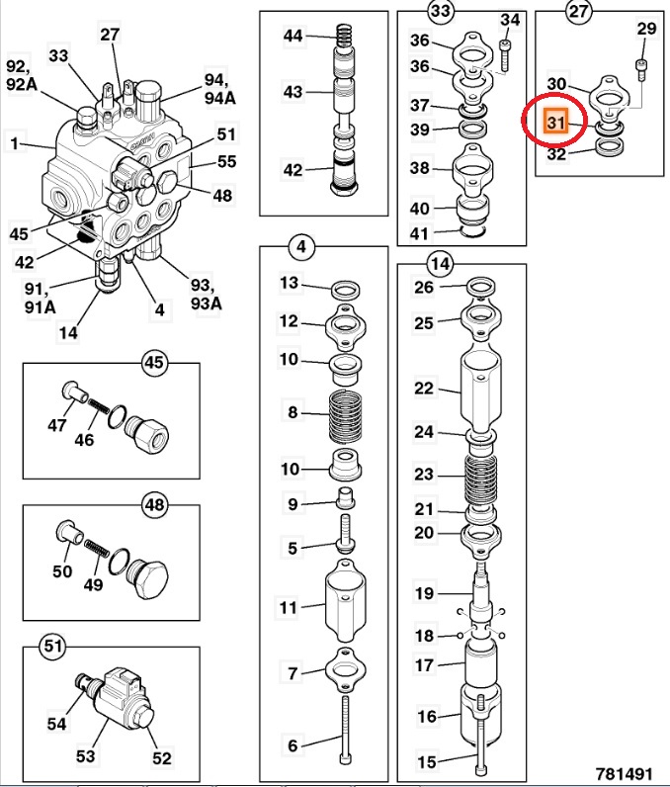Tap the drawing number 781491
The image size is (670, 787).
tap(627, 770)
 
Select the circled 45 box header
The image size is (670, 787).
tap(153, 362)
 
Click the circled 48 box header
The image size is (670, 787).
tap(153, 505)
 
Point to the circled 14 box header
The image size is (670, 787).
tap(440, 263)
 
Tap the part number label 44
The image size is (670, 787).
tap(293, 36)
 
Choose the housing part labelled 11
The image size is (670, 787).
tap(345, 603)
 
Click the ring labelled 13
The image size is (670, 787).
tap(345, 290)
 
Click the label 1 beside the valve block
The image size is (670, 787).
tap(14, 144)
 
